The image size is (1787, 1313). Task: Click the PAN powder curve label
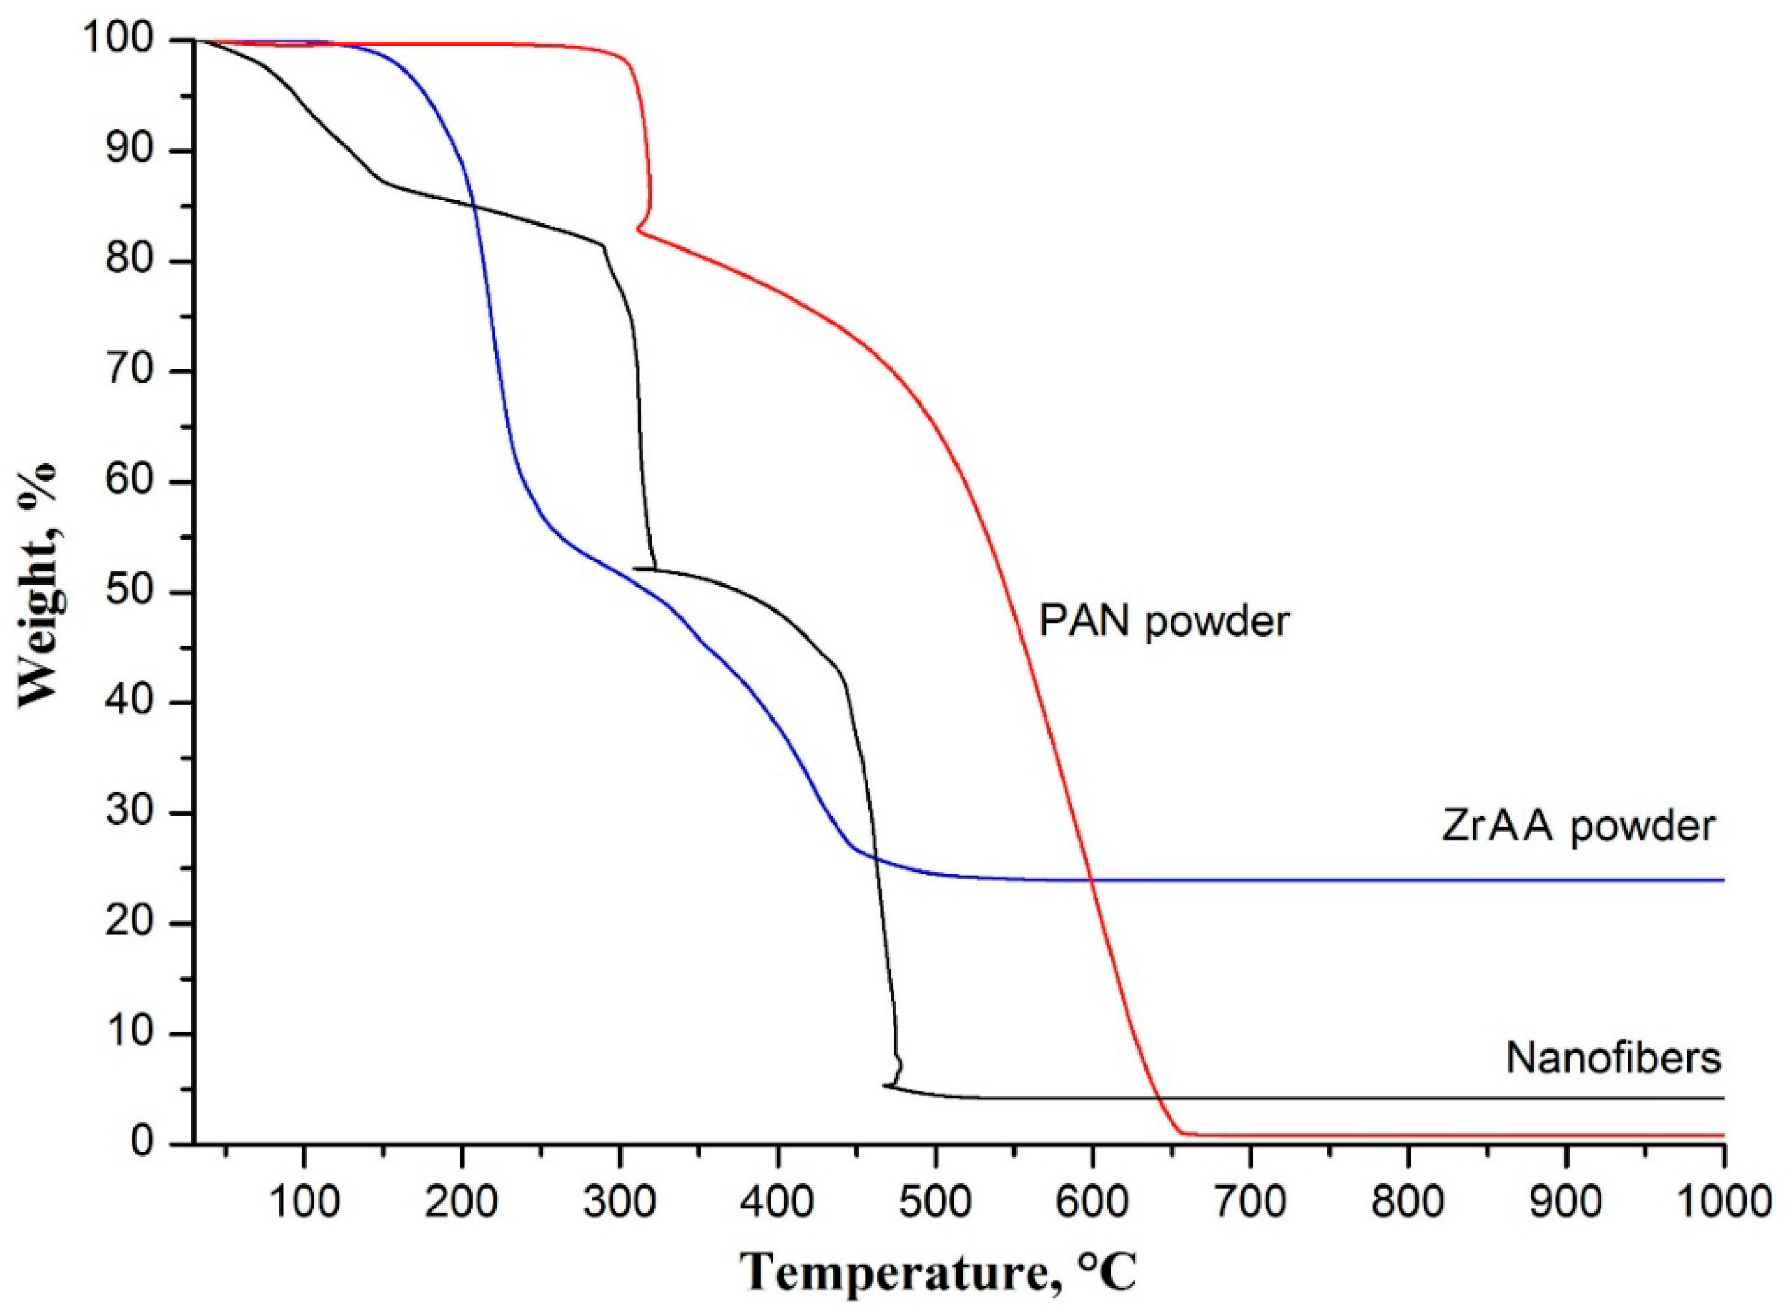[1164, 622]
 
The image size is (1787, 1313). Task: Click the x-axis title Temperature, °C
[939, 1273]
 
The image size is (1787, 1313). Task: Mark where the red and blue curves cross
[1092, 880]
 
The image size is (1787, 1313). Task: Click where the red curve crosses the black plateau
[1161, 1098]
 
